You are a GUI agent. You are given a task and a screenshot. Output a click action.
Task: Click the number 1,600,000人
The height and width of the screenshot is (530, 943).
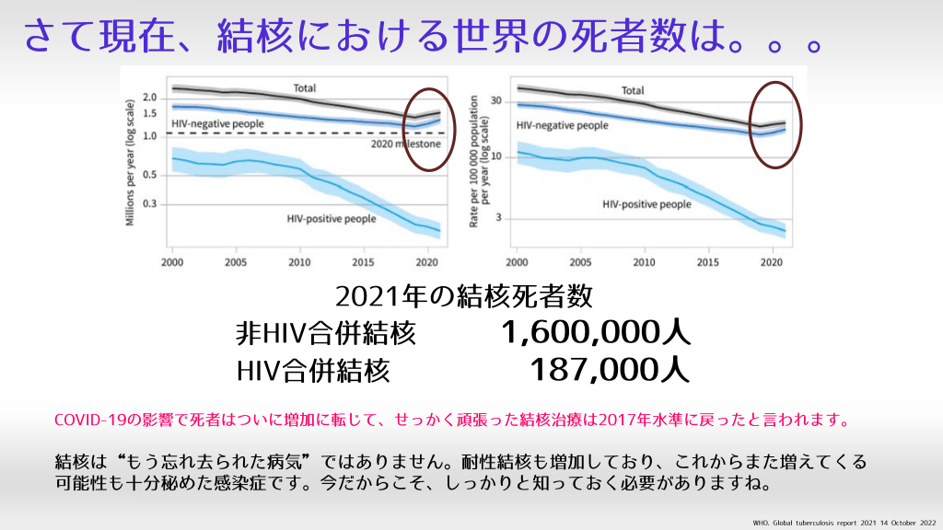tap(596, 332)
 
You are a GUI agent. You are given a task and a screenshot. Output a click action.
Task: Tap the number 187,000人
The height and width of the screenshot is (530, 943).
tap(610, 370)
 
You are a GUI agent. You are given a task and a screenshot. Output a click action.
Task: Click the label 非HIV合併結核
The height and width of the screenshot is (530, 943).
tap(326, 333)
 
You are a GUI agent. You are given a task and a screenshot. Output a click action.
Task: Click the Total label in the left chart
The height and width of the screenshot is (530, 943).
tap(305, 88)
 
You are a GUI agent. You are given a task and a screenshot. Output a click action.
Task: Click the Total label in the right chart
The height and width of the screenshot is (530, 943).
tap(633, 91)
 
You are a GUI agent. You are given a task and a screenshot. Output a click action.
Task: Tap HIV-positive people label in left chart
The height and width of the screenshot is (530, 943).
tap(332, 219)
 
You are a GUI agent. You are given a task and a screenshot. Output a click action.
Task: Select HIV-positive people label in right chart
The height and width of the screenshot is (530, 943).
tap(646, 204)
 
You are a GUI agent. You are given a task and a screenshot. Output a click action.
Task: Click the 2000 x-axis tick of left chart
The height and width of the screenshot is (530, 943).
tap(172, 261)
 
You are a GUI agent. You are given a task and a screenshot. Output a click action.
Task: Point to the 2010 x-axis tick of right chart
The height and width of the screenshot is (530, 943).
tap(644, 261)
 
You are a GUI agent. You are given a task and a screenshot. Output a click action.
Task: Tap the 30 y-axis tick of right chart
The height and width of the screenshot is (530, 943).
tap(499, 100)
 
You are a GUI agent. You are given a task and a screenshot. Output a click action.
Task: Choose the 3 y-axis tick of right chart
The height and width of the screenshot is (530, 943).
tap(503, 219)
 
